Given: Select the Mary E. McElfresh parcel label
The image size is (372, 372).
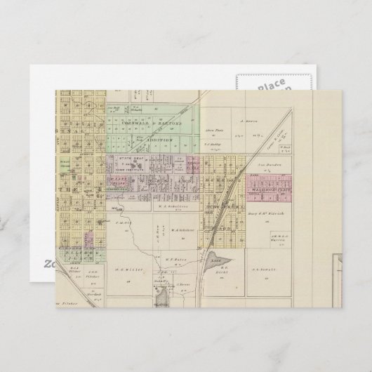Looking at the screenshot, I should [265, 213].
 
